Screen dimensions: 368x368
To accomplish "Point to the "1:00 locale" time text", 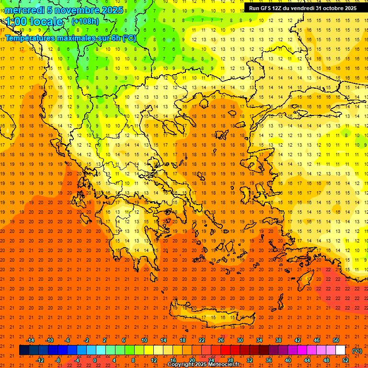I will click(x=34, y=22).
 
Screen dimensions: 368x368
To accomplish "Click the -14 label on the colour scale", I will click(x=30, y=340).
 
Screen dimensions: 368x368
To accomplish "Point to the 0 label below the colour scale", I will click(x=95, y=360).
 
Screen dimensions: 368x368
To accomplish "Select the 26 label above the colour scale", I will click(x=221, y=340).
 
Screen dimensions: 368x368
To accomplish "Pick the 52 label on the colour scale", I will click(x=345, y=360).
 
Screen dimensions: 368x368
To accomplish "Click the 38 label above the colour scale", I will click(x=278, y=340).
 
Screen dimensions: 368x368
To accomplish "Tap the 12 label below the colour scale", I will click(x=154, y=360).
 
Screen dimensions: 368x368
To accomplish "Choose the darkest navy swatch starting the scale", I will click(x=24, y=350).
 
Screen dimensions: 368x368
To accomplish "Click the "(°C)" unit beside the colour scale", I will click(x=357, y=350).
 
